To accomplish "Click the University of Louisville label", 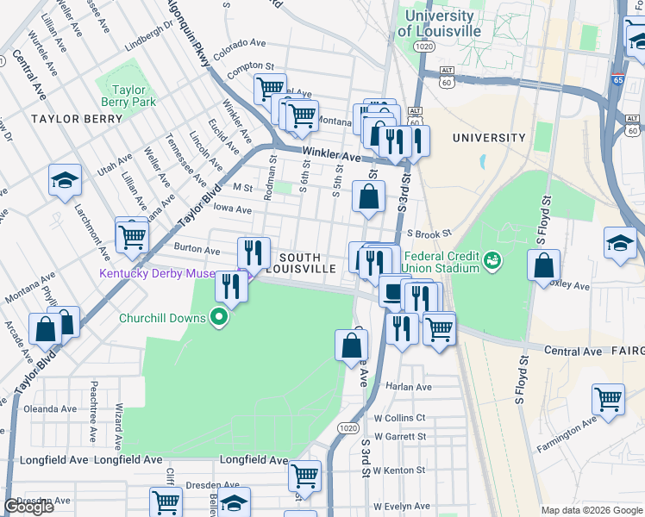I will (438, 23).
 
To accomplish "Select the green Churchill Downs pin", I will (220, 318).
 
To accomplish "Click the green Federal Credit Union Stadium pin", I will (492, 258).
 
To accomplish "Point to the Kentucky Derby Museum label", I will (168, 274).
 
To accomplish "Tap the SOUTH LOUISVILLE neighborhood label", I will (300, 263).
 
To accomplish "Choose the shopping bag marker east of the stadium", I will (544, 267).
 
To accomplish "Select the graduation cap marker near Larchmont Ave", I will (65, 181).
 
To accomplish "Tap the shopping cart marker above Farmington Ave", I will (608, 401).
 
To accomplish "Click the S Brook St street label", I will (429, 234).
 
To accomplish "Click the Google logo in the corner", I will (28, 507).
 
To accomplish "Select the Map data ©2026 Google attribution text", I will (591, 510).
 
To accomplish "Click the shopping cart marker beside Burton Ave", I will (132, 234).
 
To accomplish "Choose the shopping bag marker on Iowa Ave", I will (368, 197).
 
